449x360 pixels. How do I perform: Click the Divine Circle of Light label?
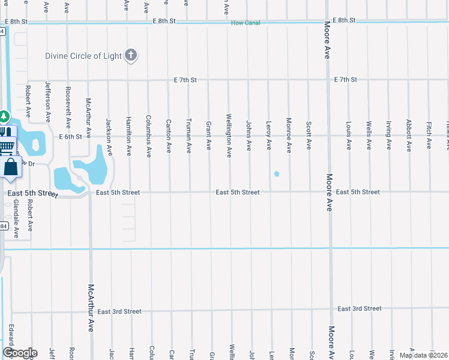coord(83,56)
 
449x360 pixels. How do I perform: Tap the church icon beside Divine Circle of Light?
coord(131,56)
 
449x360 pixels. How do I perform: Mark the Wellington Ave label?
coord(229,136)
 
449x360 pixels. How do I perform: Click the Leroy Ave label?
coord(268,136)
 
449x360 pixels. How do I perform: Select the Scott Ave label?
coord(309,136)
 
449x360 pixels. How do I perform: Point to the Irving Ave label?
coord(388,135)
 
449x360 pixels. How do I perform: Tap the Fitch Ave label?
coord(429,135)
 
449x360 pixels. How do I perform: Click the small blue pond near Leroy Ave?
coord(276,175)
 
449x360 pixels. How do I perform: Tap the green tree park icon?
coord(4,115)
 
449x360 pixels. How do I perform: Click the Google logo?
coord(19,353)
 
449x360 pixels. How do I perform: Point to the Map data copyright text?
coord(423,355)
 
